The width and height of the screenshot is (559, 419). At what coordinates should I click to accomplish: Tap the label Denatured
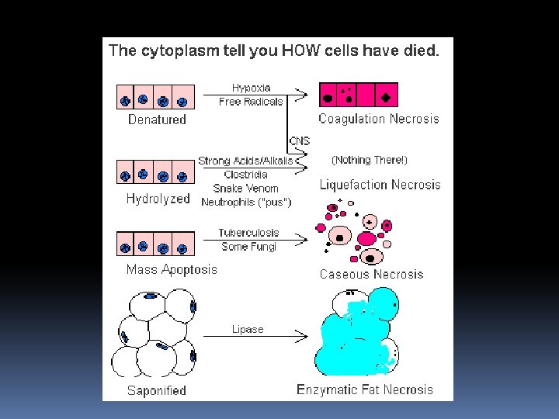tap(157, 119)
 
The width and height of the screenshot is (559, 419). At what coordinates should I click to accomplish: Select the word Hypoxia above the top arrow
tap(252, 88)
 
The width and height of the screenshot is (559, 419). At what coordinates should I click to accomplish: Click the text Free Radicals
tap(251, 102)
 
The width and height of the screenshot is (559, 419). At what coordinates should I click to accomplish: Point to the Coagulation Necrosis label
tap(379, 119)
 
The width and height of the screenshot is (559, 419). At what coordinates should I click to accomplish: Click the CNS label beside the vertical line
tap(300, 141)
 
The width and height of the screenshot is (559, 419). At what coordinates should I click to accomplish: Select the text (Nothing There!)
tap(370, 160)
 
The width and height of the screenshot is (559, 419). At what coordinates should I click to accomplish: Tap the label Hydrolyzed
tap(158, 199)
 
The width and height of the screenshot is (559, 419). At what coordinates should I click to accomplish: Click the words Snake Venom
tap(245, 188)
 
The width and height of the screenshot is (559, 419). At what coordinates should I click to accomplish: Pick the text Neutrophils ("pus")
tap(246, 202)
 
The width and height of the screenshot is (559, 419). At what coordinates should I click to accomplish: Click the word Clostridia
tap(245, 175)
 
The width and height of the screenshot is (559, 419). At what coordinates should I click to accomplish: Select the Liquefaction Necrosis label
tap(380, 185)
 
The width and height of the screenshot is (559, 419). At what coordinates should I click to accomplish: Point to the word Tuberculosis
tap(249, 233)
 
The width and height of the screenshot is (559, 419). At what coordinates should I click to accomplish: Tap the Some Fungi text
tap(249, 247)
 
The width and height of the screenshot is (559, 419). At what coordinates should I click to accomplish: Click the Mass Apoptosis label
tap(172, 269)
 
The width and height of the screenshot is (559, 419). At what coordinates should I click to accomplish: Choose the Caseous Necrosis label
tap(371, 275)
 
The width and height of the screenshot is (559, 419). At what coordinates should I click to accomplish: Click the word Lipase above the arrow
tap(248, 329)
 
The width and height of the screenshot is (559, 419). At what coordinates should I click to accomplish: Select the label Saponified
tap(157, 391)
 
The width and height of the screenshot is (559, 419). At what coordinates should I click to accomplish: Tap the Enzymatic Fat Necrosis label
tap(365, 390)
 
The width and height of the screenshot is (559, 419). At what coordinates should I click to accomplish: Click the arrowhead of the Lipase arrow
tap(302, 336)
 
